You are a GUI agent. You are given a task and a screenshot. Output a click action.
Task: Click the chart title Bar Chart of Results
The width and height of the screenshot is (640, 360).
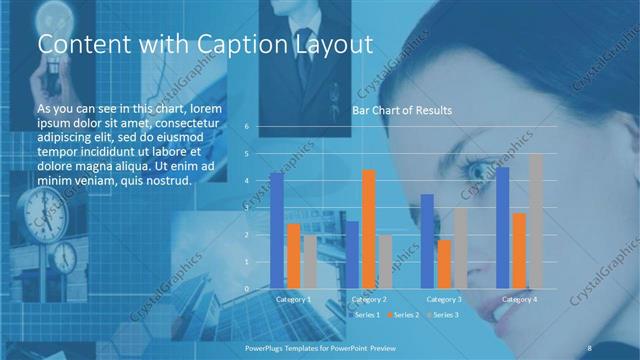(x=401, y=110)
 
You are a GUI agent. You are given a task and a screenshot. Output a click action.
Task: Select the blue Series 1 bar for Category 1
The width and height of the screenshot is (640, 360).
(x=276, y=230)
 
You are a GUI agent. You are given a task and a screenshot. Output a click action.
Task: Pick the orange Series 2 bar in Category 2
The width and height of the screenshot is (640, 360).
(x=369, y=229)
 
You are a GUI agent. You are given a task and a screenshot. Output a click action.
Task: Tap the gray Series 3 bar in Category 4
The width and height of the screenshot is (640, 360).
(x=535, y=221)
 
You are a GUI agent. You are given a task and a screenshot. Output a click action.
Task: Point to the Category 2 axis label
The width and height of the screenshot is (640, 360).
(x=369, y=299)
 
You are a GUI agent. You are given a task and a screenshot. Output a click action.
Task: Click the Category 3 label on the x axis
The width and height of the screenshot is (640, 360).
(x=444, y=299)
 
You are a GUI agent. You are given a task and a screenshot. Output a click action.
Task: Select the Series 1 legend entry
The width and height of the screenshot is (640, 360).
(x=363, y=315)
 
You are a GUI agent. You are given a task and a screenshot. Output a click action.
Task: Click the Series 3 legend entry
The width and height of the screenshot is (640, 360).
(x=443, y=315)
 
